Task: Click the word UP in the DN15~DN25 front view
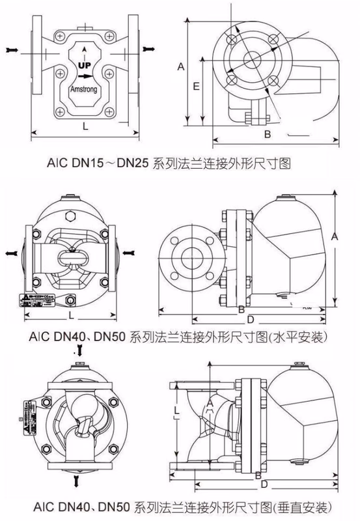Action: (85, 66)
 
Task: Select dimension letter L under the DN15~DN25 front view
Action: (85, 126)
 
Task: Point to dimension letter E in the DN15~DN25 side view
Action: (195, 85)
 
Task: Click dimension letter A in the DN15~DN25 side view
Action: (181, 66)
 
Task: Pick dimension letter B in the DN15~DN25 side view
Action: (266, 134)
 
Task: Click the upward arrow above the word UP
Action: (85, 52)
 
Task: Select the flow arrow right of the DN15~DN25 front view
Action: (150, 48)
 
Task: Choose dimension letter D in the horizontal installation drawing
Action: (250, 320)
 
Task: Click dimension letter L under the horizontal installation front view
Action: (70, 315)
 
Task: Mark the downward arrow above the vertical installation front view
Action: (79, 351)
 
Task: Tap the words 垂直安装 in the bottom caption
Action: (301, 507)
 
